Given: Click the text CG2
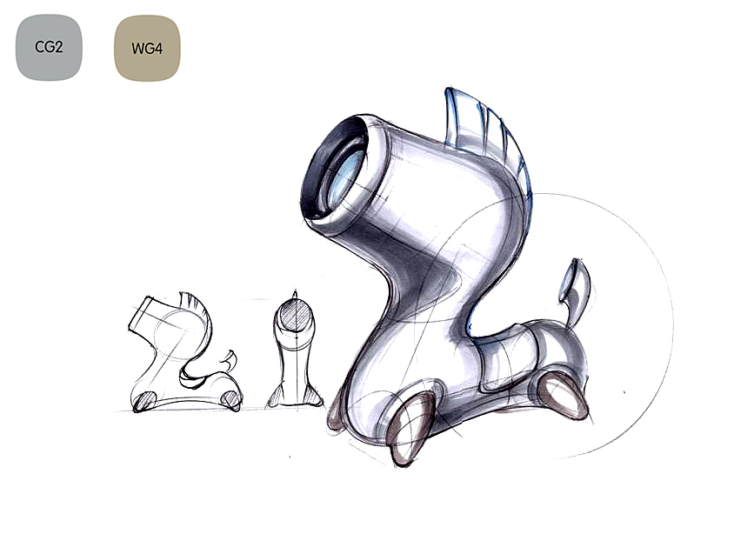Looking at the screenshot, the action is point(49,47).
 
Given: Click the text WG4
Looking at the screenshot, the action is point(147,49).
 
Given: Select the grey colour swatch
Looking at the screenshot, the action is point(49,47).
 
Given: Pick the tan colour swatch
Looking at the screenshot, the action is point(147,48).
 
